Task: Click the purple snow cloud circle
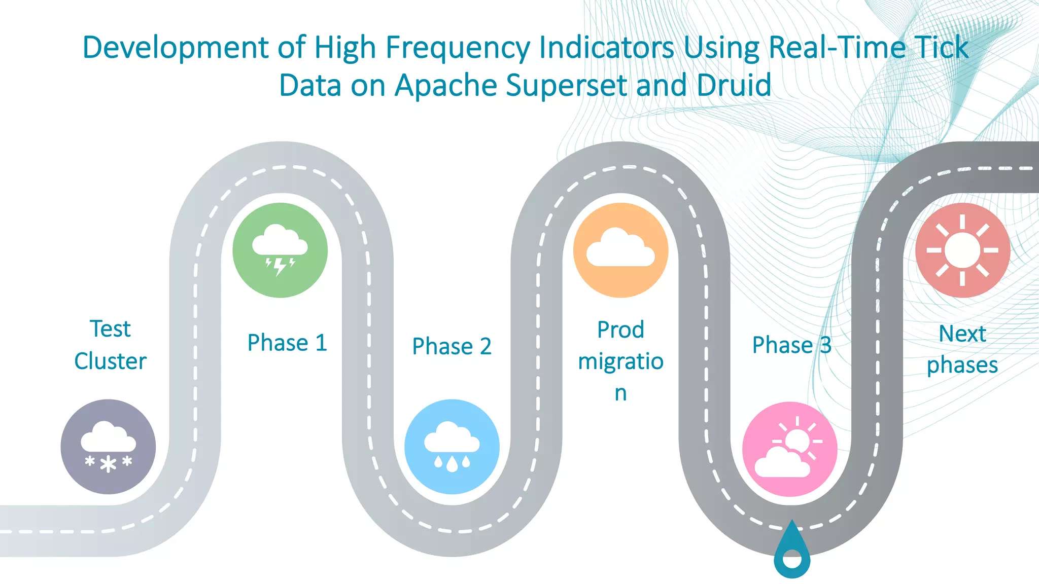coord(108,447)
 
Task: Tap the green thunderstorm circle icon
coord(280,250)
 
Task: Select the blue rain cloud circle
coord(452,447)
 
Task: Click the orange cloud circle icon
coord(620,250)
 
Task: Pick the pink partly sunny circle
coord(789,449)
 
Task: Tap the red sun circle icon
coord(962,250)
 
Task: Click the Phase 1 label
coord(287,343)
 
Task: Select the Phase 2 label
coord(452,347)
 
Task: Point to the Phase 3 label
coord(791,345)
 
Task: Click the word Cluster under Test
coord(110,361)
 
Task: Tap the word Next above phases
coord(962,334)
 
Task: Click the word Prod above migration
coord(620,330)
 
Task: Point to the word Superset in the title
coord(566,85)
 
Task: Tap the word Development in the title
coord(176,48)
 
